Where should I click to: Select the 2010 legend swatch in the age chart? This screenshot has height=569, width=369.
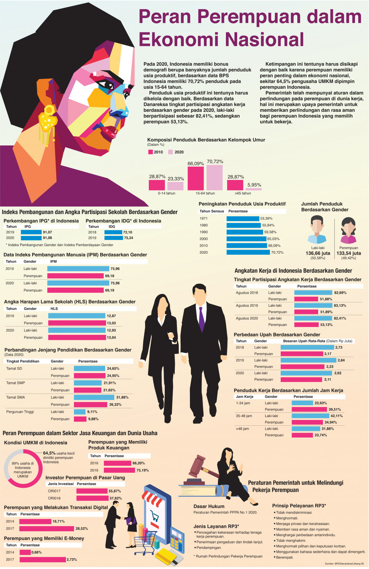(x=151, y=152)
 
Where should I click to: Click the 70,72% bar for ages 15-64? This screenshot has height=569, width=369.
(x=214, y=177)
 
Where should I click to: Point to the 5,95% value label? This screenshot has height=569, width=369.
(x=254, y=185)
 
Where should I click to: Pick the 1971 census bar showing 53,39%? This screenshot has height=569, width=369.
(x=243, y=218)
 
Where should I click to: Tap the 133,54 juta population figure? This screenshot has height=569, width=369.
(x=348, y=253)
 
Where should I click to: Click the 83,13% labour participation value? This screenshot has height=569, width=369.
(x=340, y=306)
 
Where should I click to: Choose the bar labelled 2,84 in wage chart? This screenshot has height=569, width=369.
(x=308, y=360)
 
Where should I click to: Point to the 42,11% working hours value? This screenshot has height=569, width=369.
(x=336, y=416)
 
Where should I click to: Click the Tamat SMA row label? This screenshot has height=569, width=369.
(x=15, y=397)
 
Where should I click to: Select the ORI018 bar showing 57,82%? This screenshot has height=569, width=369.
(x=92, y=498)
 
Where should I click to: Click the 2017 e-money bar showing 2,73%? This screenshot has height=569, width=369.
(x=43, y=560)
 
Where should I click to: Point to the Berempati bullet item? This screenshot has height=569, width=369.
(x=285, y=557)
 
